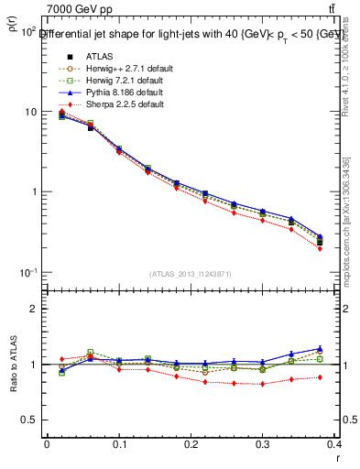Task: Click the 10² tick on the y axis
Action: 27,32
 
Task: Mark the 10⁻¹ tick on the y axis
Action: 27,273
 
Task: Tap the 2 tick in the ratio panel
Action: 34,309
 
